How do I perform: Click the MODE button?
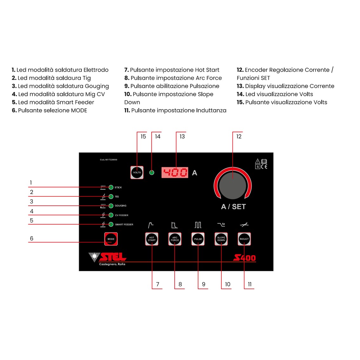[x=111, y=239]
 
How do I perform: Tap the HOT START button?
[x=152, y=239]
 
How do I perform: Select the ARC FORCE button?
[x=175, y=239]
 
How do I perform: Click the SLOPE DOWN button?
[x=221, y=239]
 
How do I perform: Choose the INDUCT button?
[x=244, y=239]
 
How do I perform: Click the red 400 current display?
[x=175, y=173]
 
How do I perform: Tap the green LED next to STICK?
[x=111, y=187]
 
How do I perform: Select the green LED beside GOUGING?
[x=111, y=206]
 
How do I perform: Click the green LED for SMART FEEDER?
[x=111, y=224]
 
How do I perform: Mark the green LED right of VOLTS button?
[x=152, y=173]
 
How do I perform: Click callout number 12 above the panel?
[x=239, y=137]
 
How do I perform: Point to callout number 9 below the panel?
[x=203, y=284]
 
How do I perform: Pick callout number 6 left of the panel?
[x=31, y=239]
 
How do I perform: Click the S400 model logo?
[x=244, y=258]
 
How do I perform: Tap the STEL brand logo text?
[x=112, y=257]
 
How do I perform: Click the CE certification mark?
[x=264, y=167]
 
